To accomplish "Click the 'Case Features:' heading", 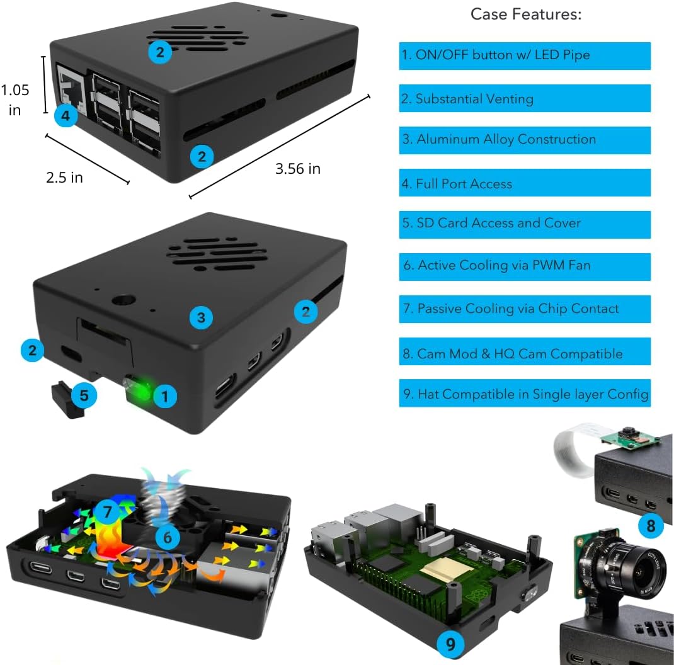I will coord(526,14).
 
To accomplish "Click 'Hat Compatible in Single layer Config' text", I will coord(525,395).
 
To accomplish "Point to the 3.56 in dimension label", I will coord(297,169).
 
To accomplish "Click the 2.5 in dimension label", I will coord(64,178).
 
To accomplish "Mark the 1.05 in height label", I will coord(15,99).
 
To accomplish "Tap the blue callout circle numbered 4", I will coord(66,116).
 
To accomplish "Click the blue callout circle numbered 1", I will coord(165,397).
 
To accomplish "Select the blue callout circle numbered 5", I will coord(84,395).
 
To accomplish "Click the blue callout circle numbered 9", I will coord(450,644).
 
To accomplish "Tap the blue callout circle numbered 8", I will coord(651,525).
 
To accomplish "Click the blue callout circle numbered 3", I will coord(201,318).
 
